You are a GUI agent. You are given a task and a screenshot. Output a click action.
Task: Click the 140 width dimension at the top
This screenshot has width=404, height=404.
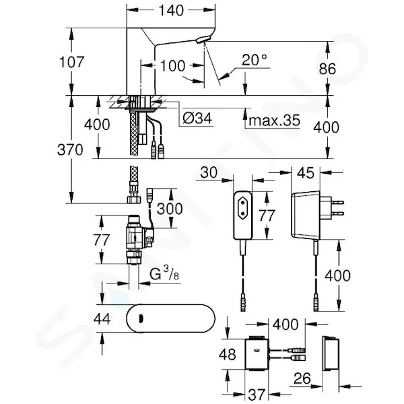click(171, 10)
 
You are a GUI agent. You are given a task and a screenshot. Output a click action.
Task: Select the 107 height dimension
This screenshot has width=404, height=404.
click(71, 62)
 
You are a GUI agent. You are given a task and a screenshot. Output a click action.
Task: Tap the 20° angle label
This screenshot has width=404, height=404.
click(254, 60)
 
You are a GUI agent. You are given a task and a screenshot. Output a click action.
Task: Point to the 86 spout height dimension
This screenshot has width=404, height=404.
click(327, 69)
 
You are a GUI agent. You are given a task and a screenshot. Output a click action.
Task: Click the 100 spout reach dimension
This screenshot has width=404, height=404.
click(172, 66)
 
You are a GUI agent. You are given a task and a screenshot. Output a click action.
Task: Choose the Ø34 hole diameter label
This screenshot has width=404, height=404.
click(197, 119)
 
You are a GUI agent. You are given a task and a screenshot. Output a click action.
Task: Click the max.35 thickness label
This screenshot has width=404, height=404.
click(275, 120)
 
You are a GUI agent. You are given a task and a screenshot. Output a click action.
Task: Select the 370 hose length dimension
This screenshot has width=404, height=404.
click(70, 149)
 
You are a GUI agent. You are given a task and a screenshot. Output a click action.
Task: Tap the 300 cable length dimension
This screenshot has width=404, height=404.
click(170, 209)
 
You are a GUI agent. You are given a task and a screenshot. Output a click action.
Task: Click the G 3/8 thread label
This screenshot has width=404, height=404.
click(164, 274)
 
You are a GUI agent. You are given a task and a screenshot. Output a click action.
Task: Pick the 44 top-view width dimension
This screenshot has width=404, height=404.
click(102, 318)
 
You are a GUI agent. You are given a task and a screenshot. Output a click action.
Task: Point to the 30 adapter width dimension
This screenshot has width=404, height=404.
click(209, 172)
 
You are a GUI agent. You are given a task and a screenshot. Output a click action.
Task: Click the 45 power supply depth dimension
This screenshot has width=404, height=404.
click(306, 172)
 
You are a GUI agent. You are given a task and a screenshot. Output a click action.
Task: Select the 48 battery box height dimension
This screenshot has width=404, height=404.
click(228, 354)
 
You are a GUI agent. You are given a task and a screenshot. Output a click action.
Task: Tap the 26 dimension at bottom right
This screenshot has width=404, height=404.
click(302, 378)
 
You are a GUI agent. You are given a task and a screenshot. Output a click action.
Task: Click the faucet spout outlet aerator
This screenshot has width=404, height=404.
click(203, 40)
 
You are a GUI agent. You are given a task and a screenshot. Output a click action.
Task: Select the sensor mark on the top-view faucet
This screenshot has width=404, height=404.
click(141, 318)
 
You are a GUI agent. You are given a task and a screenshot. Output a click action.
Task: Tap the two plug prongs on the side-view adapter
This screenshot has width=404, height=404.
click(337, 208)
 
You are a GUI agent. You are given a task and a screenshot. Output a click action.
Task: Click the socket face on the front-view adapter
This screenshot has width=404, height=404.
click(242, 208)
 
